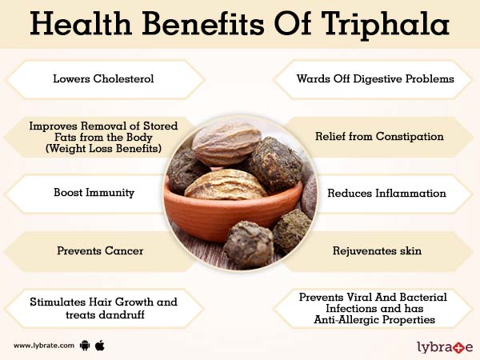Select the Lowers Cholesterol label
[x=103, y=79]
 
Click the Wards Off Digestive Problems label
[x=375, y=79]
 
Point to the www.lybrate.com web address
[x=45, y=346]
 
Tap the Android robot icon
[x=85, y=346]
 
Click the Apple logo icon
[x=100, y=345]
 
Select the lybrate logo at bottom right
[x=444, y=346]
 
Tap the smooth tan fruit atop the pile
[x=226, y=142]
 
